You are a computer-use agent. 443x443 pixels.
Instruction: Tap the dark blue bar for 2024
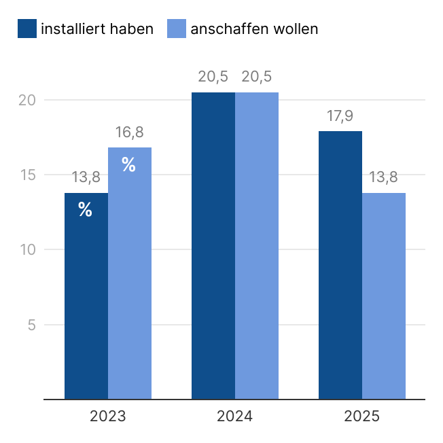(x=213, y=245)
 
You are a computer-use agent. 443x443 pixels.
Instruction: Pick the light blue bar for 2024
(x=257, y=245)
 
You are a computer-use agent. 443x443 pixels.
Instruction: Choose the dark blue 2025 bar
(x=340, y=265)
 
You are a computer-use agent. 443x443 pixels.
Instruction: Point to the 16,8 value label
(x=129, y=132)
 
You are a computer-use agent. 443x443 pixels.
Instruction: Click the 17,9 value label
(x=340, y=116)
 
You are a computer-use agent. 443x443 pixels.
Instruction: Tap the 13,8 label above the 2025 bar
(x=383, y=178)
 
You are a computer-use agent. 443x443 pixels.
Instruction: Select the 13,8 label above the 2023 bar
(x=86, y=178)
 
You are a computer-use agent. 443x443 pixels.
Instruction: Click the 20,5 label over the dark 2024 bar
(x=213, y=77)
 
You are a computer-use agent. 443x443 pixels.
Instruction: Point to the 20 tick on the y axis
(x=26, y=101)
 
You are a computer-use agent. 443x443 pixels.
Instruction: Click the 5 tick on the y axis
(x=31, y=325)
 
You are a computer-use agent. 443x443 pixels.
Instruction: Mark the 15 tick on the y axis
(x=26, y=175)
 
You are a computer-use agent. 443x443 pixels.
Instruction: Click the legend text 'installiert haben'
(x=97, y=29)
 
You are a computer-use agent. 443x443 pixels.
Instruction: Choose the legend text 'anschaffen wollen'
(x=254, y=29)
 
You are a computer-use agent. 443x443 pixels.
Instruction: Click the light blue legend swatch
(x=176, y=29)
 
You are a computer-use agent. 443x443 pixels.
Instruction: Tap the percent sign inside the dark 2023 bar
(x=85, y=210)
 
